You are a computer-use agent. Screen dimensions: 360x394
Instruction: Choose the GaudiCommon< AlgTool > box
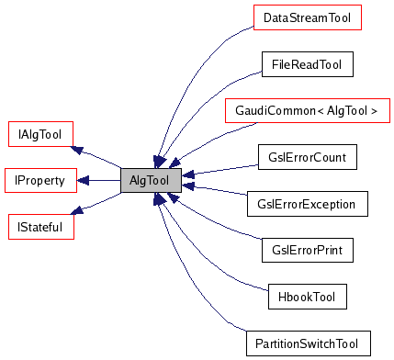pyautogui.click(x=307, y=112)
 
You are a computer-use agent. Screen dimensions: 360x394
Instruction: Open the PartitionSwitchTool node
pyautogui.click(x=307, y=343)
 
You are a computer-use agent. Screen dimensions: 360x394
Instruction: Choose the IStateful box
pyautogui.click(x=34, y=225)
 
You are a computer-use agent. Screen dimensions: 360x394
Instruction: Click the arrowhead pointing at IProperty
pyautogui.click(x=84, y=180)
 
